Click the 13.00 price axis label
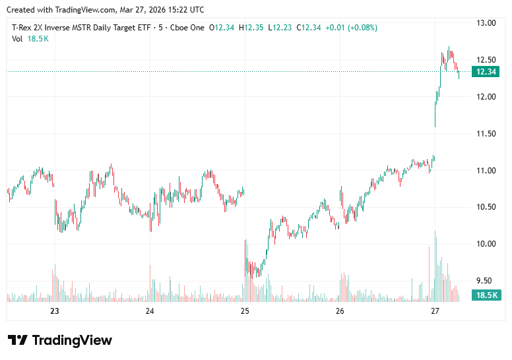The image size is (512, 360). click(487, 23)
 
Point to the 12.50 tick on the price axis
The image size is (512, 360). click(487, 60)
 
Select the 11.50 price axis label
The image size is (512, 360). click(487, 134)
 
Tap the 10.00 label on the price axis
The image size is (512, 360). click(487, 244)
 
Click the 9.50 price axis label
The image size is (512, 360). click(487, 281)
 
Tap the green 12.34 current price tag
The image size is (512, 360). click(486, 72)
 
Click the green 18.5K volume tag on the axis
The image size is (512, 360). click(486, 295)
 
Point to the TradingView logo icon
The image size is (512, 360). click(18, 340)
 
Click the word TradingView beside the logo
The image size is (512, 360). click(72, 340)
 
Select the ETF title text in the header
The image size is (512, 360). click(82, 28)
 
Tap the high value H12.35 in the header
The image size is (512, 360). click(251, 28)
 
